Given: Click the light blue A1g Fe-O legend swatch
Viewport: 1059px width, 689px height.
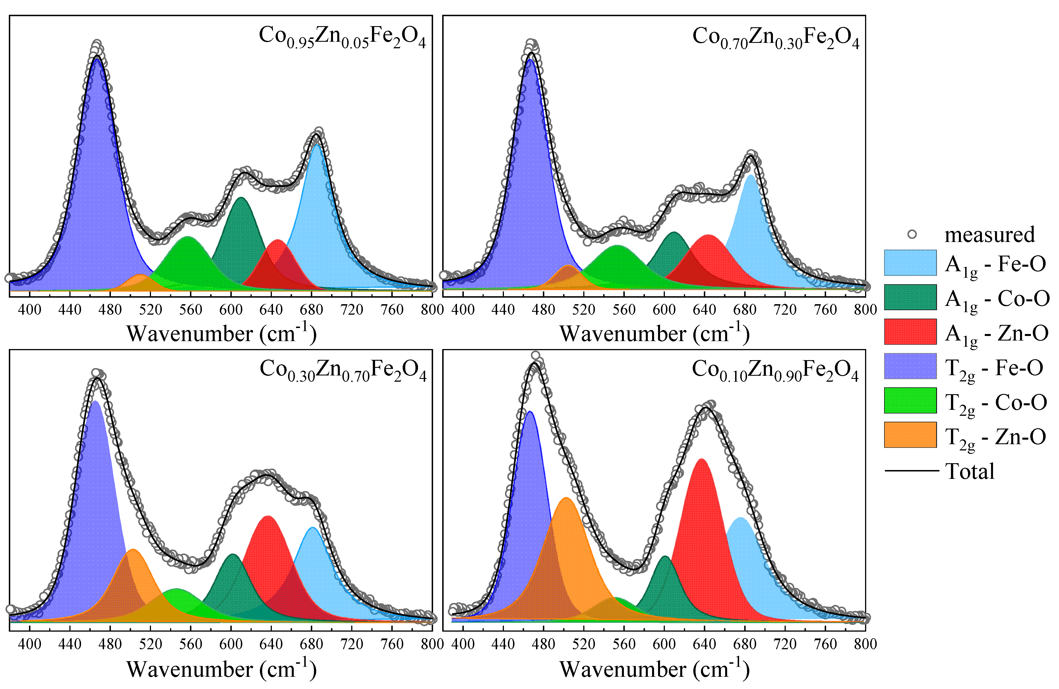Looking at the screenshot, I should point(910,263).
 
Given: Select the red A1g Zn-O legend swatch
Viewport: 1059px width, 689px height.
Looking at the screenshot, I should point(910,332).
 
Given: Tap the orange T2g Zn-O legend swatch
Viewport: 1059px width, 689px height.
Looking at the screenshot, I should point(910,435).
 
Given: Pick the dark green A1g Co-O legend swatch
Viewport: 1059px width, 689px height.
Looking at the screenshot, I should point(910,297).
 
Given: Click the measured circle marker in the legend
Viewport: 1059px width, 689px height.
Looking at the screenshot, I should point(912,234).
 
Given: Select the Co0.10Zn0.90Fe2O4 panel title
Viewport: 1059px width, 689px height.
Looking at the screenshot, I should point(775,371).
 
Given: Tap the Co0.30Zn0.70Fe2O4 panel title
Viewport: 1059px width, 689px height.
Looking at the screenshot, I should point(343,371).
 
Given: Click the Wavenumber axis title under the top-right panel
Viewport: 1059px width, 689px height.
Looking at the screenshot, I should point(654,333).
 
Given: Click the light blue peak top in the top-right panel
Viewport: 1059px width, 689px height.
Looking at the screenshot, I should point(750,175).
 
